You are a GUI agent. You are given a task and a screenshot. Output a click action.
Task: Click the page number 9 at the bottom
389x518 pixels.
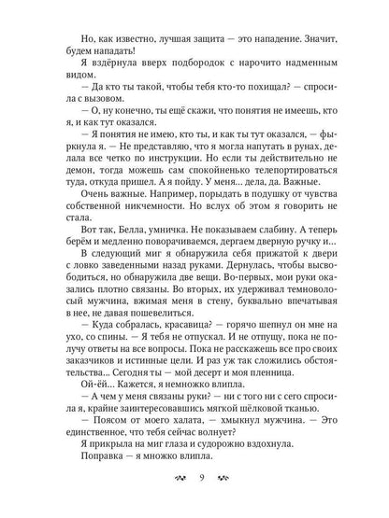click(194, 483)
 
